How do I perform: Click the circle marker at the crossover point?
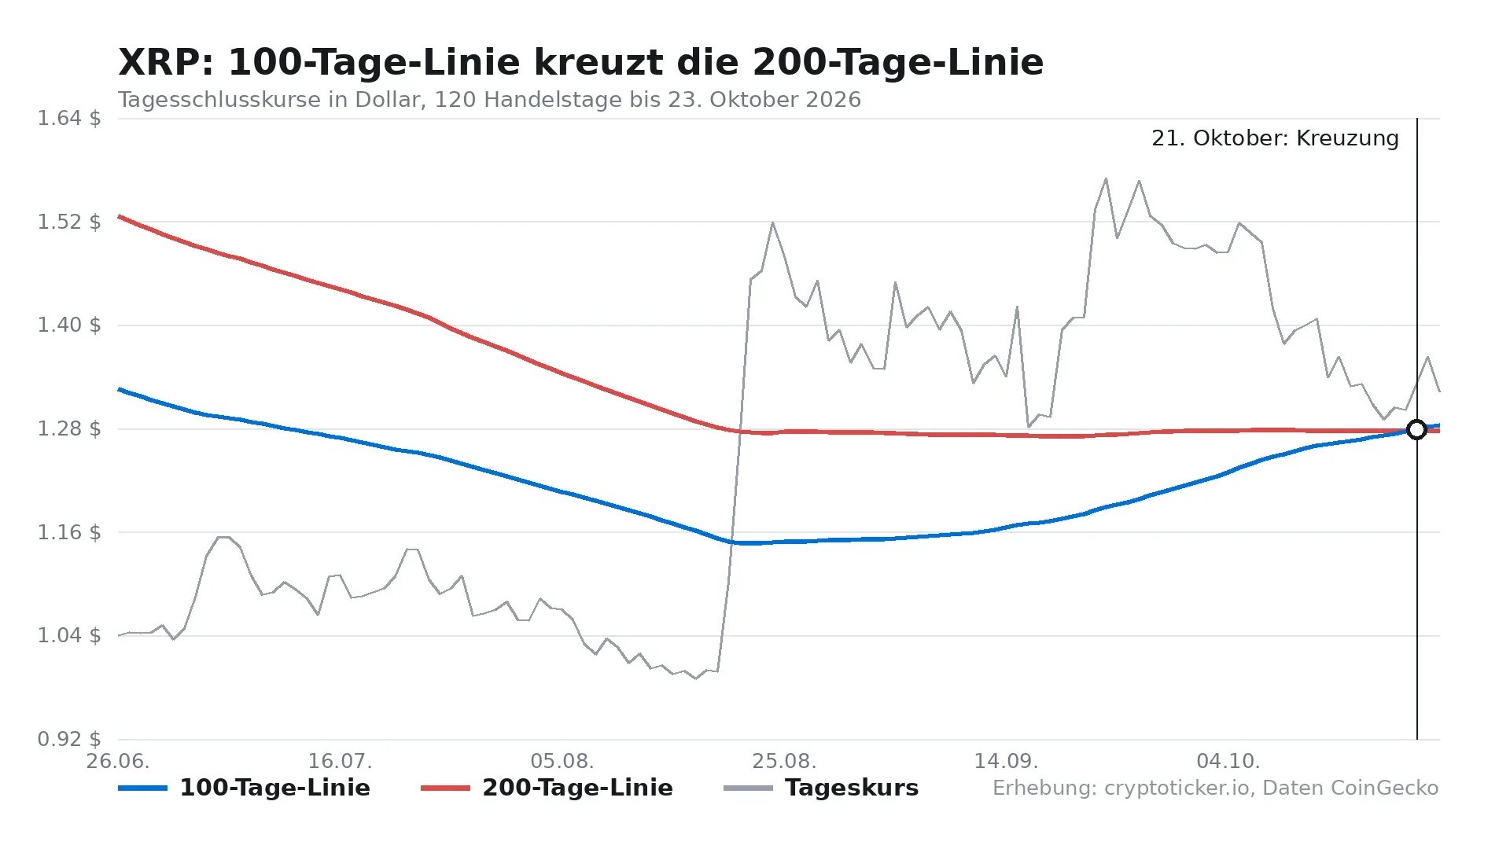[x=1416, y=429]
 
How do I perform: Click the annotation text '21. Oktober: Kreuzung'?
[x=1275, y=138]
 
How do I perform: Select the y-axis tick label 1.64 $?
[x=69, y=119]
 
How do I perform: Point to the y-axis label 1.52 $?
[x=69, y=222]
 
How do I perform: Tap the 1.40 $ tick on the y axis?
[x=69, y=325]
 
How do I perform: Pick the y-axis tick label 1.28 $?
[x=69, y=428]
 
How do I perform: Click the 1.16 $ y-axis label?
[x=69, y=532]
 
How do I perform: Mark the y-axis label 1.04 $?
[x=69, y=635]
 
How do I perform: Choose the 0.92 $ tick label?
[x=69, y=739]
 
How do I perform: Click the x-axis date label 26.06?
[x=118, y=761]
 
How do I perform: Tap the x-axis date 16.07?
[x=340, y=761]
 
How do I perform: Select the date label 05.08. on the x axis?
[x=562, y=761]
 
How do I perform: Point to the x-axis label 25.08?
[x=784, y=761]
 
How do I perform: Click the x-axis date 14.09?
[x=1006, y=761]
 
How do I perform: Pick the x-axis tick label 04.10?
[x=1228, y=761]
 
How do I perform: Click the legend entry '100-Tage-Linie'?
[x=245, y=788]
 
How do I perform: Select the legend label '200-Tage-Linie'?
[x=547, y=788]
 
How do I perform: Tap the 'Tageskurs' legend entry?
[x=821, y=788]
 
